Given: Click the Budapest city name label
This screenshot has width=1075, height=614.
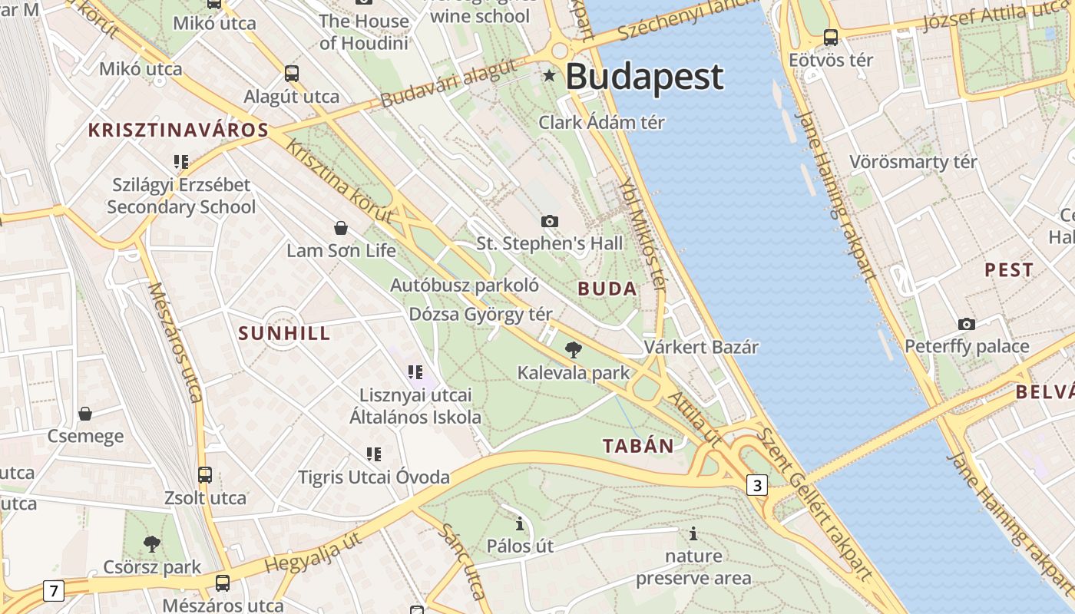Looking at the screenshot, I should click(644, 77).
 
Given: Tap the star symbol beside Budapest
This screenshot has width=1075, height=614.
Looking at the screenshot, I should click(549, 75).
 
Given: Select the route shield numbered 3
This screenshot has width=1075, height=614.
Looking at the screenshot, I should click(757, 485).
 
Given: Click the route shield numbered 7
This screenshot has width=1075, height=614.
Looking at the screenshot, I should click(53, 591).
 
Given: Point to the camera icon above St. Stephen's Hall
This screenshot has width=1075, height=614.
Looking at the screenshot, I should click(550, 221).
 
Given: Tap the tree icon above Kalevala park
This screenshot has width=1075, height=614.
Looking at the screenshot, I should click(573, 351).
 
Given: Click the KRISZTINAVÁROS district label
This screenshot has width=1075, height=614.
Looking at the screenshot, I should click(178, 130).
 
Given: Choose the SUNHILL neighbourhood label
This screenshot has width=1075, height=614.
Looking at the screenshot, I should click(284, 333).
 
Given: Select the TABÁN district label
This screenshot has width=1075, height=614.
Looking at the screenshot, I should click(638, 446).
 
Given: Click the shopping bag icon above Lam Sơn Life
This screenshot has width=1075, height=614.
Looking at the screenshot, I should click(341, 228).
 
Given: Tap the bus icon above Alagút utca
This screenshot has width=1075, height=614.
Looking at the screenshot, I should click(292, 74).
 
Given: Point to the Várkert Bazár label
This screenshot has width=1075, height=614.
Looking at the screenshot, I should click(701, 347).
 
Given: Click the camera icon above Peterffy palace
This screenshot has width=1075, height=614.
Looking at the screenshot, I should click(967, 324).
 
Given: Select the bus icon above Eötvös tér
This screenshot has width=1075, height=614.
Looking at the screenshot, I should click(830, 37).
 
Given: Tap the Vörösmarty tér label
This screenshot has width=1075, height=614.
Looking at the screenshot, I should click(913, 162).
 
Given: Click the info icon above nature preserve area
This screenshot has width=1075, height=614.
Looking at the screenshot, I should click(693, 533).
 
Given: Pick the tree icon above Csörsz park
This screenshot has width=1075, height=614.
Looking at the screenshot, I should click(152, 544).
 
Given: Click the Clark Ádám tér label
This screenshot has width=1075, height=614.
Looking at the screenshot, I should click(601, 122).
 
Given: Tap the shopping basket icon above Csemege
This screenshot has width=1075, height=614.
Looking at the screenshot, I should click(85, 414).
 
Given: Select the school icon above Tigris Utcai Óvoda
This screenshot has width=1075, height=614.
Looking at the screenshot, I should click(374, 454).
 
